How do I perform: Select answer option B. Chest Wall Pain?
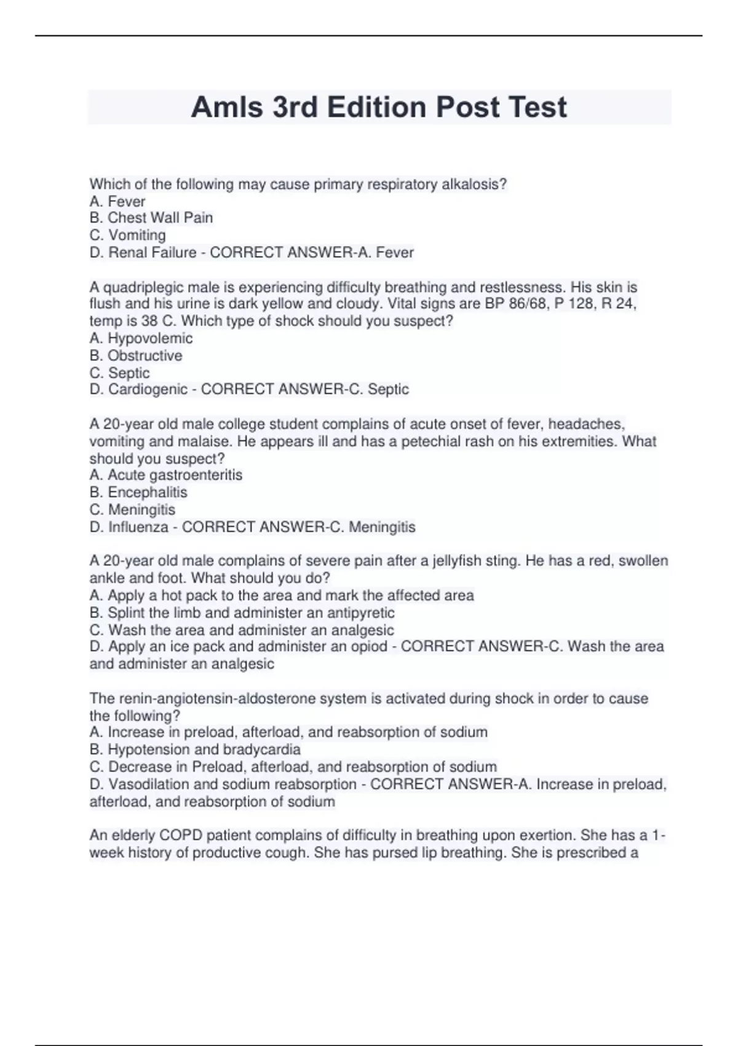pos(151,218)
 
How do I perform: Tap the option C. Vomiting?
pos(128,235)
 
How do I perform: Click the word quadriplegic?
pos(143,287)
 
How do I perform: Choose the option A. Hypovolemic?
pos(141,338)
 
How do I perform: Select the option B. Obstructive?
pos(136,356)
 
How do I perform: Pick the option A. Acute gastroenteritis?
pos(166,475)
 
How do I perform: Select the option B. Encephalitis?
pos(138,492)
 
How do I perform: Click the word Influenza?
pos(138,527)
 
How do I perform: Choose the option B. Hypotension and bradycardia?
pos(195,749)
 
